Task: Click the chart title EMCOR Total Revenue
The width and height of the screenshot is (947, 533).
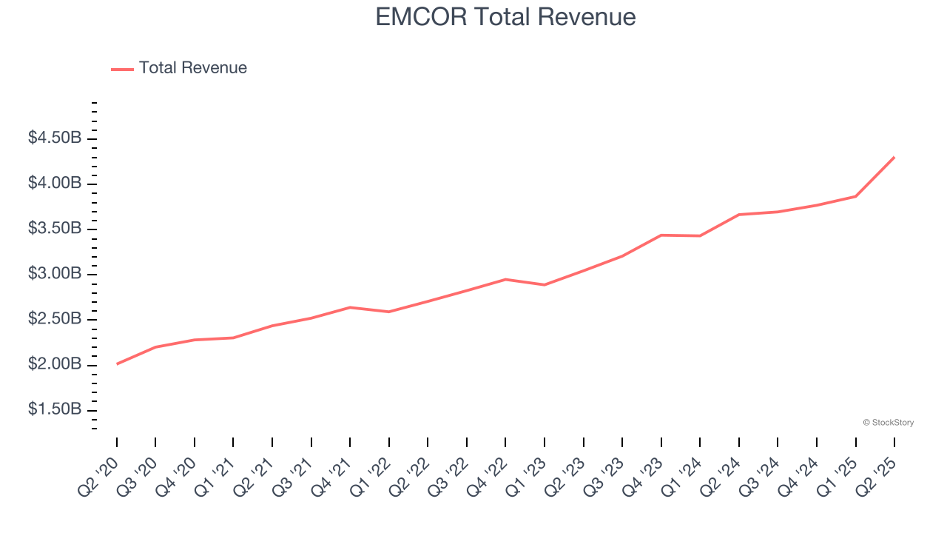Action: (x=505, y=16)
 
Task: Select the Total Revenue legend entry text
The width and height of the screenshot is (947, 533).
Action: (x=192, y=68)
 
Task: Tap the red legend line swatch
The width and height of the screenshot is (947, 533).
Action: (x=122, y=69)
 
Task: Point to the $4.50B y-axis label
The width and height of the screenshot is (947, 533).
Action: (x=54, y=138)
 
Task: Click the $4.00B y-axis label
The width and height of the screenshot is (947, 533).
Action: (x=54, y=184)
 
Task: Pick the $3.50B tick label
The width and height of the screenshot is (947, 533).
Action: (x=54, y=229)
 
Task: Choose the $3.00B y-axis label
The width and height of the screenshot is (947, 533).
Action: (x=54, y=275)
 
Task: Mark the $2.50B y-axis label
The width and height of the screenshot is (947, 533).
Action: (x=54, y=320)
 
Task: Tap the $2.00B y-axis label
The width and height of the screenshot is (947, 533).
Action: (x=54, y=365)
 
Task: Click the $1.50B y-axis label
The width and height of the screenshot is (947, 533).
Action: (x=54, y=410)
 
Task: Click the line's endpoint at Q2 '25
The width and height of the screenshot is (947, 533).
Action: (x=894, y=157)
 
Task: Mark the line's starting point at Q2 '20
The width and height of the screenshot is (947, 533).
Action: (x=117, y=363)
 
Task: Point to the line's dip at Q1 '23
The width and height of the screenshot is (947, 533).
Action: (x=545, y=284)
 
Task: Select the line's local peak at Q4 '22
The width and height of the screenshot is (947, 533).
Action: (x=505, y=279)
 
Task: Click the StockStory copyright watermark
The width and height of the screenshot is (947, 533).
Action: (x=888, y=423)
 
